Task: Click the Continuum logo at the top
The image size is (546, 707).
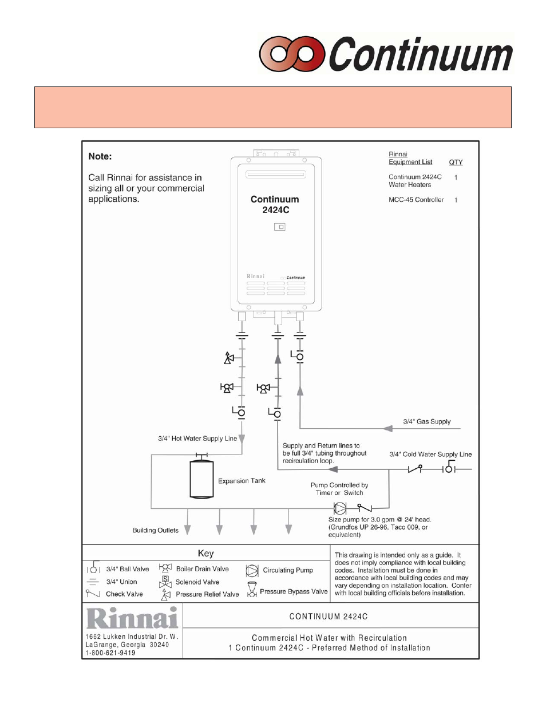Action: (x=386, y=54)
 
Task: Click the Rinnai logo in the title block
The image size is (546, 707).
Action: (x=132, y=618)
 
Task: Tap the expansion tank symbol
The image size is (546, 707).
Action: (x=201, y=479)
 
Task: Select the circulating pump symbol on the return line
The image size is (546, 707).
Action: (x=340, y=508)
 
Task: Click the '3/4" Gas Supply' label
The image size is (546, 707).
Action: (x=426, y=422)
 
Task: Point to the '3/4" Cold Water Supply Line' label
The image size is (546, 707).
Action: (x=430, y=455)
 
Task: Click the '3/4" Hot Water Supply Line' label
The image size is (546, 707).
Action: (x=197, y=439)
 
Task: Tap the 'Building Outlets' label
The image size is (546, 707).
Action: (x=155, y=531)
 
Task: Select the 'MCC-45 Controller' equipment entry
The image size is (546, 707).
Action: (x=416, y=200)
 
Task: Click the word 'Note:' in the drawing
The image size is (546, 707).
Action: (x=100, y=156)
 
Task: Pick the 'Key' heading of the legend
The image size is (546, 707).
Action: (x=205, y=554)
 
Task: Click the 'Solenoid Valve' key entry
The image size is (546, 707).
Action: (x=197, y=582)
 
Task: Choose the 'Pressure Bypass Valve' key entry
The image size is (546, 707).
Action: (x=294, y=592)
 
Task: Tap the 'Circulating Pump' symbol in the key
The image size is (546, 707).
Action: (x=252, y=570)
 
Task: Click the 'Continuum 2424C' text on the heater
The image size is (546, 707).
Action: (x=275, y=204)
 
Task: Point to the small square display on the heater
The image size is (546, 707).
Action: (x=279, y=227)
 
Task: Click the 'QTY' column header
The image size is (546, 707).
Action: (x=456, y=163)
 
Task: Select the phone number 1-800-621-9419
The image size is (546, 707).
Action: (x=110, y=653)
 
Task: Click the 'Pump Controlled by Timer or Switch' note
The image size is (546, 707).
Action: (x=339, y=489)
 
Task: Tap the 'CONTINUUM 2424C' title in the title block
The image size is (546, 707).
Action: (x=329, y=617)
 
